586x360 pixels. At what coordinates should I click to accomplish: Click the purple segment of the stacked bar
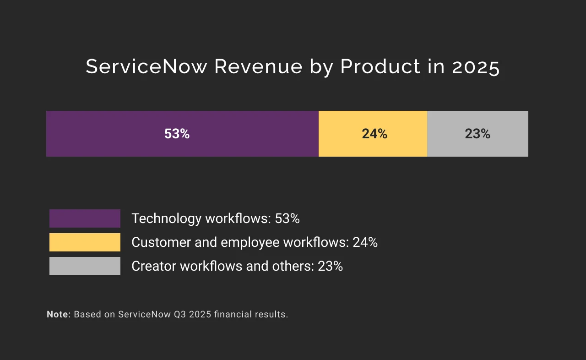point(114,134)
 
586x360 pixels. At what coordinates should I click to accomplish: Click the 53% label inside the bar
point(177,134)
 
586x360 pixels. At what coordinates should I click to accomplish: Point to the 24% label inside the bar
point(374,134)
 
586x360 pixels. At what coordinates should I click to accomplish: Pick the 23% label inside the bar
point(477,134)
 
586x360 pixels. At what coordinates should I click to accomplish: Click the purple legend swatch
point(85,218)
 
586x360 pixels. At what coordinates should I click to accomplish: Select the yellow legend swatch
point(85,242)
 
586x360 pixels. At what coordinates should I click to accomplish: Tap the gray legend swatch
point(85,266)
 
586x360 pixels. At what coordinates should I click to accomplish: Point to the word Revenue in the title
point(258,67)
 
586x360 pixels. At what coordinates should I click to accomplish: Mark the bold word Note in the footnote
point(58,314)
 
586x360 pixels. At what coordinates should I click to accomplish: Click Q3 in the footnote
point(180,315)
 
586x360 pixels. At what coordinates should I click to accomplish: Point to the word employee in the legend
point(251,243)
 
